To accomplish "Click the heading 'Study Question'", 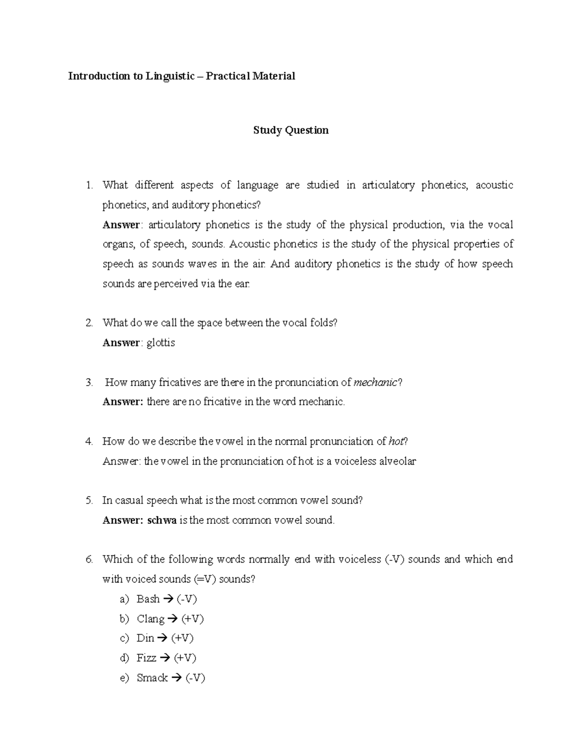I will click(x=291, y=130).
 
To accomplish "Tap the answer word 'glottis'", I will click(x=161, y=343).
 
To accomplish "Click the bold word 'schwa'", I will click(x=162, y=520).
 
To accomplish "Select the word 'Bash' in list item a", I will click(x=148, y=599).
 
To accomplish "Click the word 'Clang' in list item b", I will click(x=150, y=619).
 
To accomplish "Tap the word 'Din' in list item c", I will click(x=145, y=638).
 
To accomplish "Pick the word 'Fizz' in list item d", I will click(x=146, y=658).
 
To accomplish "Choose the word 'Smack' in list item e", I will click(x=152, y=678).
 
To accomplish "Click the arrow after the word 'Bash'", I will click(x=168, y=599).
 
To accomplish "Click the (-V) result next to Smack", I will click(x=195, y=678).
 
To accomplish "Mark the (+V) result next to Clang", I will click(x=193, y=619).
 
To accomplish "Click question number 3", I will click(x=89, y=383).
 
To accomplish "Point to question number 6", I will click(x=89, y=559).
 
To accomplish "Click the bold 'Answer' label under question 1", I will click(x=121, y=225).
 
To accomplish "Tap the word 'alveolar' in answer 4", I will click(x=397, y=461).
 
